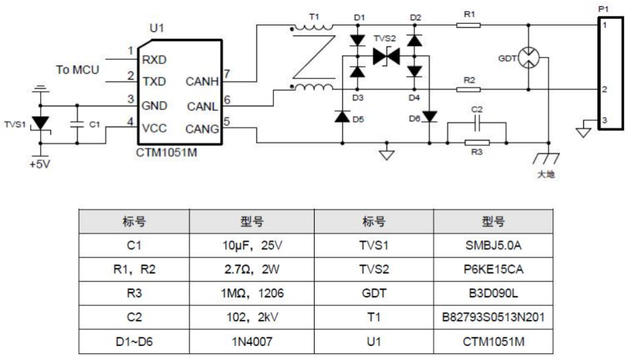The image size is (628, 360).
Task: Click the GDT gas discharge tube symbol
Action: pyautogui.click(x=529, y=57)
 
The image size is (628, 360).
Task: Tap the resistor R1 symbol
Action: pyautogui.click(x=468, y=25)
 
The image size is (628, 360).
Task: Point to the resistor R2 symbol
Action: pyautogui.click(x=468, y=89)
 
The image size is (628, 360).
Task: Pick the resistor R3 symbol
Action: pyautogui.click(x=477, y=141)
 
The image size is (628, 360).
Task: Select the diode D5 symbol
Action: pyautogui.click(x=342, y=116)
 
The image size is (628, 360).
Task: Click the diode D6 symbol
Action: pyautogui.click(x=429, y=116)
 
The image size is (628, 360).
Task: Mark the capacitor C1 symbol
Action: pyautogui.click(x=76, y=124)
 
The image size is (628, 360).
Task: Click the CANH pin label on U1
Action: pyautogui.click(x=202, y=82)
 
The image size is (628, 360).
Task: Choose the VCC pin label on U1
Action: pyautogui.click(x=154, y=129)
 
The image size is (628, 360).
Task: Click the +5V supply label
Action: pyautogui.click(x=40, y=165)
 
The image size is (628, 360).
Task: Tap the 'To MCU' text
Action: pyautogui.click(x=77, y=70)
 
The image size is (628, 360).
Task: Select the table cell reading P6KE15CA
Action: pyautogui.click(x=493, y=270)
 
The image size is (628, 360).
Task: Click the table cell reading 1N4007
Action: pyautogui.click(x=252, y=341)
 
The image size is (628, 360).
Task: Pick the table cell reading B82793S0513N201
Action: pyautogui.click(x=493, y=318)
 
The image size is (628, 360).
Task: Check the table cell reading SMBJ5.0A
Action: pyautogui.click(x=493, y=246)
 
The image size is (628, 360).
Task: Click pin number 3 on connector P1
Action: pyautogui.click(x=605, y=120)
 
